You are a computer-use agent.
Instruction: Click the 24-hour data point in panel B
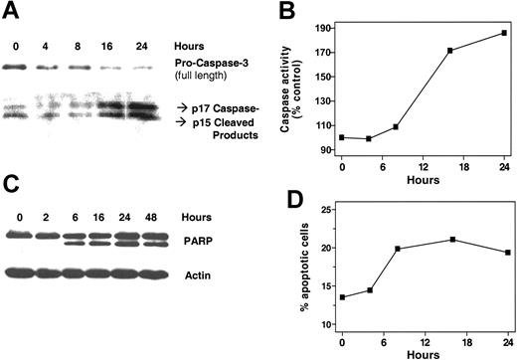504,33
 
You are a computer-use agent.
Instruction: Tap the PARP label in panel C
194,239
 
